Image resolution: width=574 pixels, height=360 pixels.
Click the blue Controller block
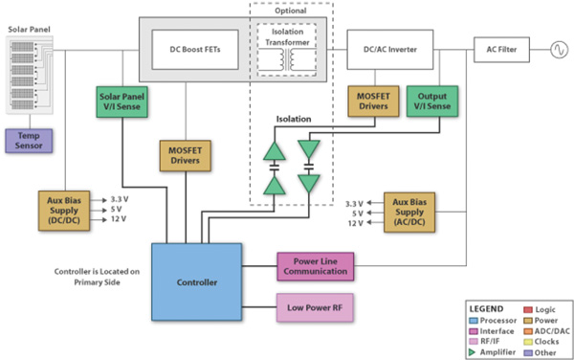click(196, 282)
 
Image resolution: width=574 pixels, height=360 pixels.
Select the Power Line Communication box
click(315, 266)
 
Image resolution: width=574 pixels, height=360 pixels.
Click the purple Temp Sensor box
click(31, 140)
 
